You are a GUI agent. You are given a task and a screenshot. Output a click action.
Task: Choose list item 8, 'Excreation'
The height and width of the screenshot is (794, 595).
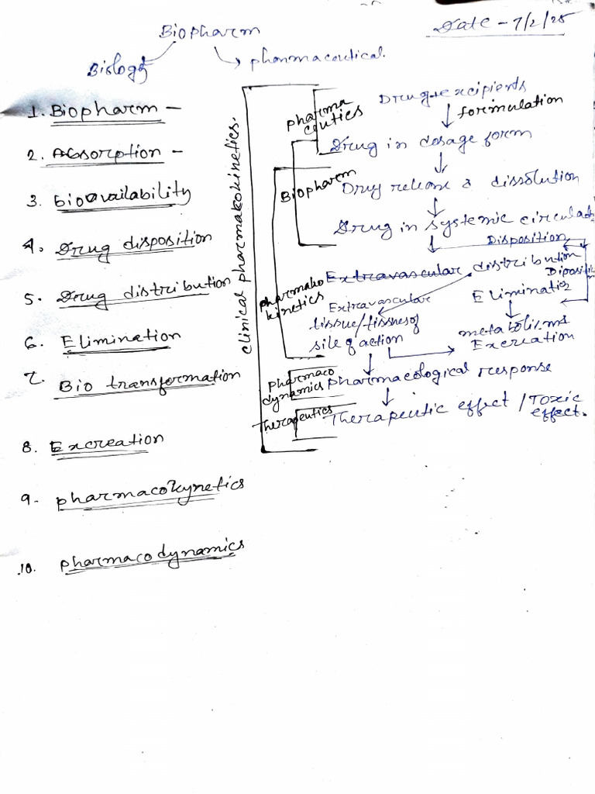click(x=106, y=443)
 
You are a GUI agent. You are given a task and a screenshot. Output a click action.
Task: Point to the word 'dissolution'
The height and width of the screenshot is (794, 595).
click(x=534, y=180)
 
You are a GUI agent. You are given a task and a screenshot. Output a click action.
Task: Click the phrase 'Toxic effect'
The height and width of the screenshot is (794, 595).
click(x=557, y=405)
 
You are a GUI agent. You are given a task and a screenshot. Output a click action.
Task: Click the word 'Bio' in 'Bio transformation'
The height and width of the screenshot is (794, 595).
click(x=75, y=383)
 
